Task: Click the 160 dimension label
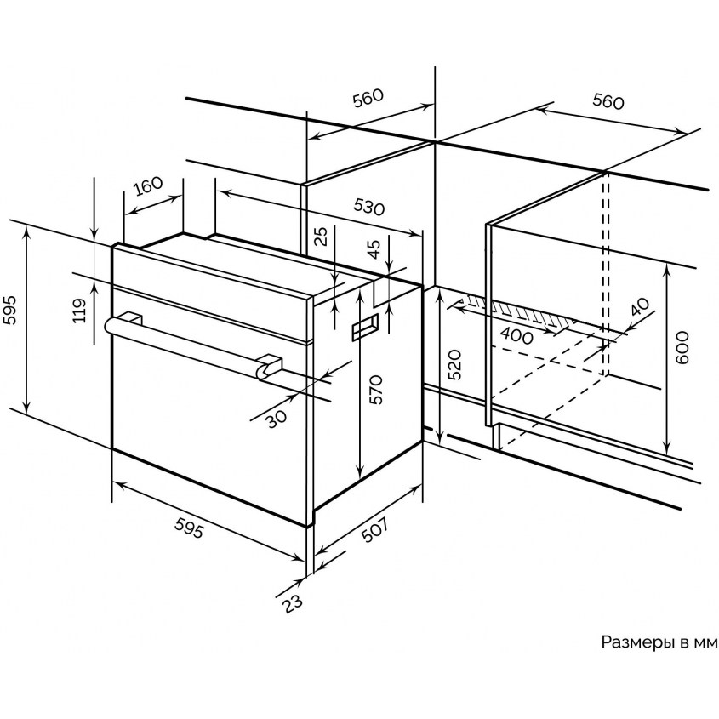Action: point(148,185)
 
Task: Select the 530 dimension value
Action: point(368,208)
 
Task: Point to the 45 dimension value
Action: point(372,248)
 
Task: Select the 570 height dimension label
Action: point(376,389)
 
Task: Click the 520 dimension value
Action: point(455,364)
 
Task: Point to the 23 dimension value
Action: point(293,601)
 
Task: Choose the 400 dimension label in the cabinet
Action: point(516,335)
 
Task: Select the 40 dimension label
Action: point(640,307)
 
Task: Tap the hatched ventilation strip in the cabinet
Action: point(511,311)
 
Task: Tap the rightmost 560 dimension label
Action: point(608,102)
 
